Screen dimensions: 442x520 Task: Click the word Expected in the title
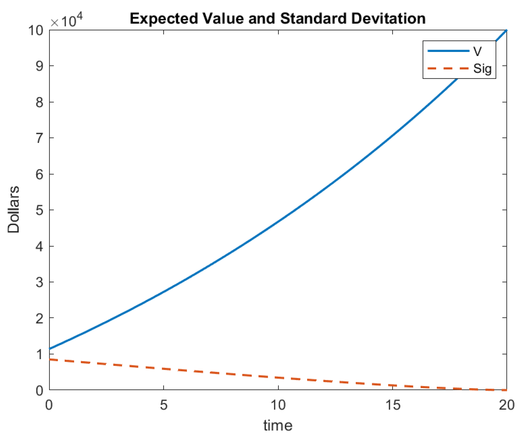click(x=163, y=19)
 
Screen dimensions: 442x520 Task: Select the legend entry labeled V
click(x=477, y=51)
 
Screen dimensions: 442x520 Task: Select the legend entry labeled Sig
click(x=482, y=69)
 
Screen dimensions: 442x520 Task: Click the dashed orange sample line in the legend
click(x=448, y=68)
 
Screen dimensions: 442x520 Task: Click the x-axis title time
click(x=278, y=425)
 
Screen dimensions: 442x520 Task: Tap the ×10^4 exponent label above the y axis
click(x=67, y=21)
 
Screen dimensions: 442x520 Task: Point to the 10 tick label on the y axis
click(x=36, y=30)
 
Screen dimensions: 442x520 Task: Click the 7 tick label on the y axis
click(x=39, y=138)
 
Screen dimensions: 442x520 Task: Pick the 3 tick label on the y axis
click(x=39, y=282)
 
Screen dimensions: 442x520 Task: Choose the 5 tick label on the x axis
click(x=163, y=405)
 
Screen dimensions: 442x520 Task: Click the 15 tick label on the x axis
click(x=393, y=405)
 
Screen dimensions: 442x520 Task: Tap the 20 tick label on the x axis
click(x=506, y=405)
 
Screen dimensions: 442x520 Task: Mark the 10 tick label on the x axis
click(x=278, y=405)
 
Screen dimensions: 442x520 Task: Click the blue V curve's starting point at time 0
click(x=50, y=348)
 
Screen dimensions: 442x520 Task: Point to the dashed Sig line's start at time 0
click(x=50, y=359)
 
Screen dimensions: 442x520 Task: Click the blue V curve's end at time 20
click(x=506, y=30)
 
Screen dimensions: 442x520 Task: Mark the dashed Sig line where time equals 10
click(x=278, y=378)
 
